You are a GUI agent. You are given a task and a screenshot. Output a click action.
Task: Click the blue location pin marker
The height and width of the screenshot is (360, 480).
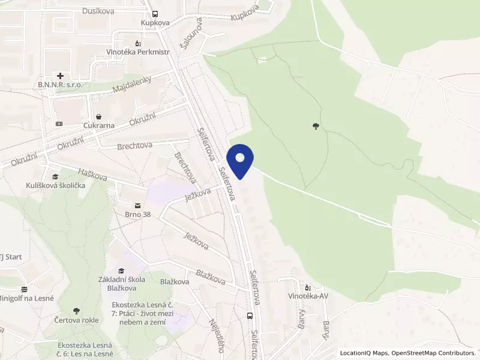click(x=241, y=160)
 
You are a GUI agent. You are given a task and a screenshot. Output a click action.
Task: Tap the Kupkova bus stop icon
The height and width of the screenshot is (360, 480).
click(x=155, y=14)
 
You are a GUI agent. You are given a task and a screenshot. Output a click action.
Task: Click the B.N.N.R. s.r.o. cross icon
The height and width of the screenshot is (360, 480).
click(x=60, y=76)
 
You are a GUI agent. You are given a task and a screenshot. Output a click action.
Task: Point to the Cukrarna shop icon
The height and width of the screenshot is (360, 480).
click(x=98, y=117)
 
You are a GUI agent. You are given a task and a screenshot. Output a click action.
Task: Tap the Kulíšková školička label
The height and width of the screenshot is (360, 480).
click(x=55, y=185)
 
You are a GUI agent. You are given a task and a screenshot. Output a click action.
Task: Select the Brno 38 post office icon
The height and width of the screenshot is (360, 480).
click(x=137, y=205)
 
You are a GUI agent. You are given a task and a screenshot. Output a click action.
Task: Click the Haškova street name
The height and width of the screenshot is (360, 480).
click(x=92, y=175)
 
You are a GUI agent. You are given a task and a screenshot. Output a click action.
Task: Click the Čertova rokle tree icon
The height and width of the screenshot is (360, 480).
click(x=76, y=311)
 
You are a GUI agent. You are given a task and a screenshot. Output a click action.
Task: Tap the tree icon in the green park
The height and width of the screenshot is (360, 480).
click(x=316, y=126)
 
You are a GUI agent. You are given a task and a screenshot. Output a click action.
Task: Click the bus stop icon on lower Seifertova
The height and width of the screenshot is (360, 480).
click(x=250, y=316)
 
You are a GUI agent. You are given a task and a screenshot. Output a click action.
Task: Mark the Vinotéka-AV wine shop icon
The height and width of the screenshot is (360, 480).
click(x=308, y=287)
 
